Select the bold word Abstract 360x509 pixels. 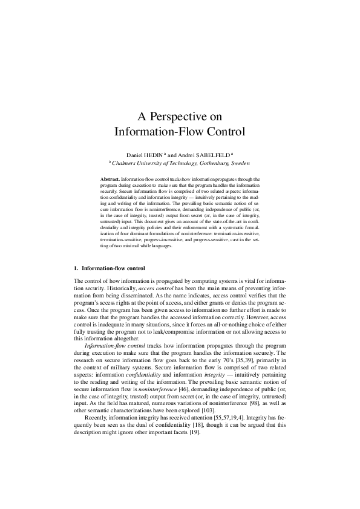pos(110,180)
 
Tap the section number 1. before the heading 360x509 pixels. pos(76,267)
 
